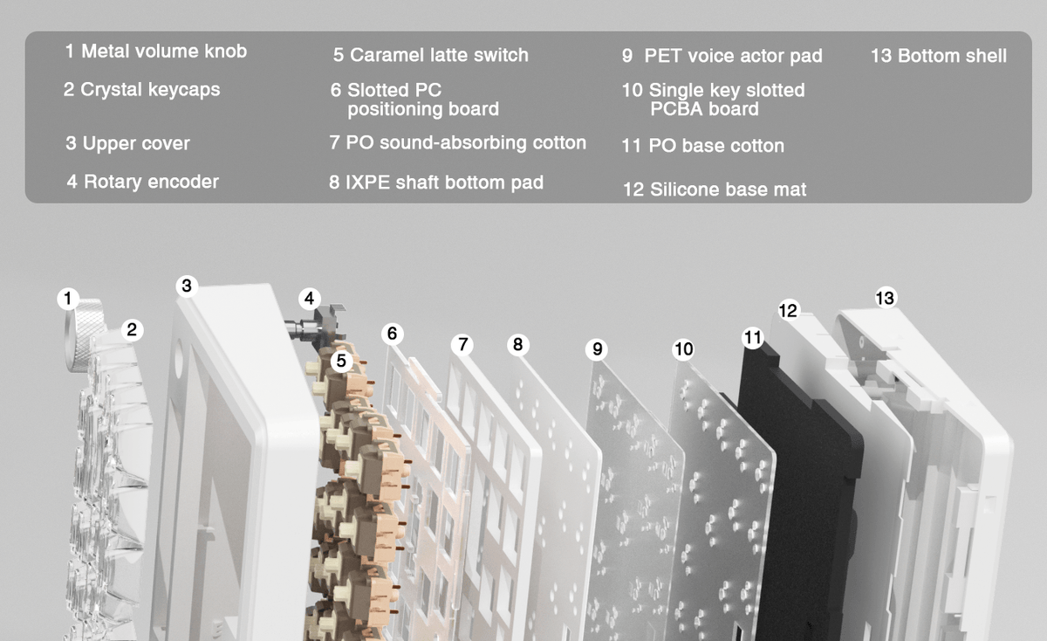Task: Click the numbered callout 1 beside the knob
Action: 68,299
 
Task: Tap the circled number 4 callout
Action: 310,299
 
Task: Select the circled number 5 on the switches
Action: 341,361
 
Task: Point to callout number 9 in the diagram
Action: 597,349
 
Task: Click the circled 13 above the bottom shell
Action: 886,298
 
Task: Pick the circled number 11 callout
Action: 753,337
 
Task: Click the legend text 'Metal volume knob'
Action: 164,51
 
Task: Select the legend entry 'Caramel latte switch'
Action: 440,55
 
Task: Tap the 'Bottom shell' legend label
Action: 952,56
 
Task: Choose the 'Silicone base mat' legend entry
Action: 729,190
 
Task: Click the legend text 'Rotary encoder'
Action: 151,182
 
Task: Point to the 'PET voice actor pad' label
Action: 734,56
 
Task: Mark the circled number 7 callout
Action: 462,345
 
